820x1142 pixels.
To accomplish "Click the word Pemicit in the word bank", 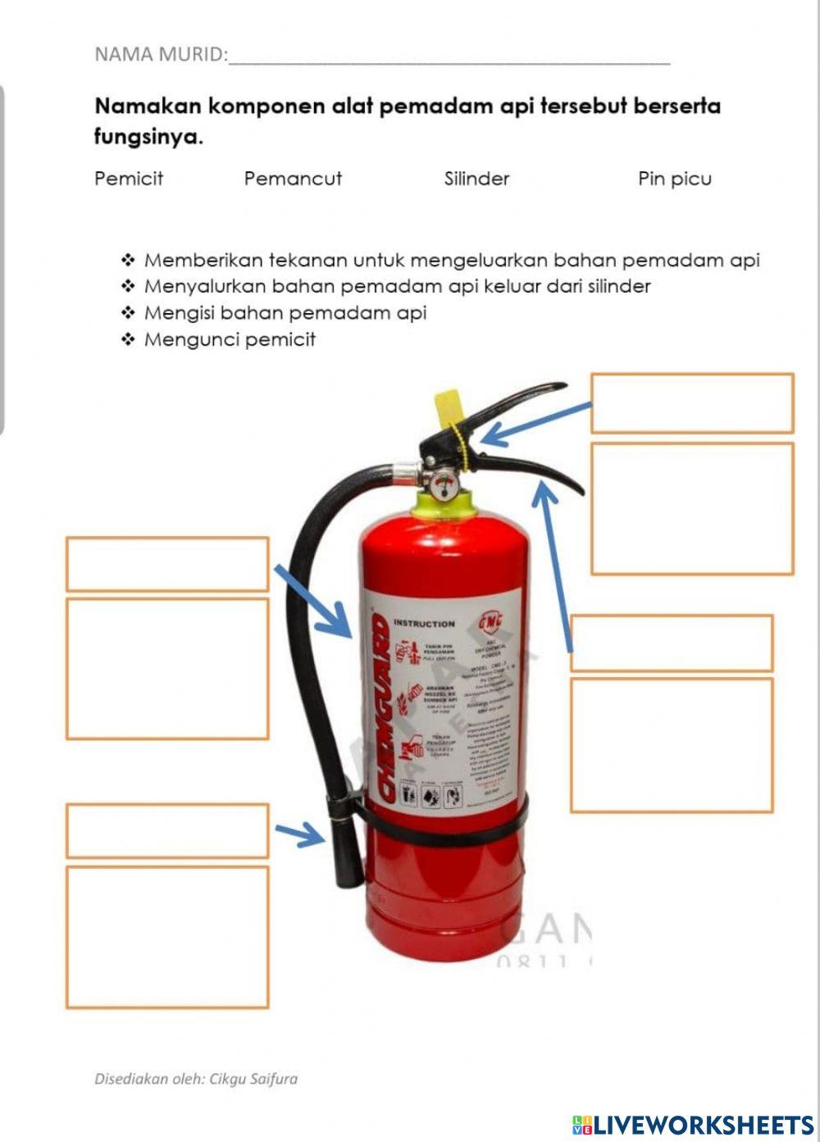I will [129, 179].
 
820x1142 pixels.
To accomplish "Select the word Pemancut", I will [293, 179].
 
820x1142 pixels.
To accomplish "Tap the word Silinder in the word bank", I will [476, 179].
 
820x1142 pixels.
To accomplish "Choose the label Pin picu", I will [674, 179].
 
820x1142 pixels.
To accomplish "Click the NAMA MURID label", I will [161, 55].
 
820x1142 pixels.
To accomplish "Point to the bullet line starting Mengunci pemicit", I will [230, 339].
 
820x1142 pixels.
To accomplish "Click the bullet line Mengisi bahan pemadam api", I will [285, 313].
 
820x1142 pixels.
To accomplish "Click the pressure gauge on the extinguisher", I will [444, 485].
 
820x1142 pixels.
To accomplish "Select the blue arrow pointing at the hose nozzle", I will [300, 835].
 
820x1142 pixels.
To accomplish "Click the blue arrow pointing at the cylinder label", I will [314, 601].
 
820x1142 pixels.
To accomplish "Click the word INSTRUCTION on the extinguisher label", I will [424, 624].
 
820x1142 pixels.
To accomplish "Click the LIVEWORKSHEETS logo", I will [693, 1124].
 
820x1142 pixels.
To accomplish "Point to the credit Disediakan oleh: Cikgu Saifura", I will [196, 1079].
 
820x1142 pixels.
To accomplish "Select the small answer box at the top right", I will [692, 403].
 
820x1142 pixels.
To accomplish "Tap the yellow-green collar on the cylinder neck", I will [444, 504].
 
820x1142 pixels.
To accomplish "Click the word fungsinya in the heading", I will [148, 137].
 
